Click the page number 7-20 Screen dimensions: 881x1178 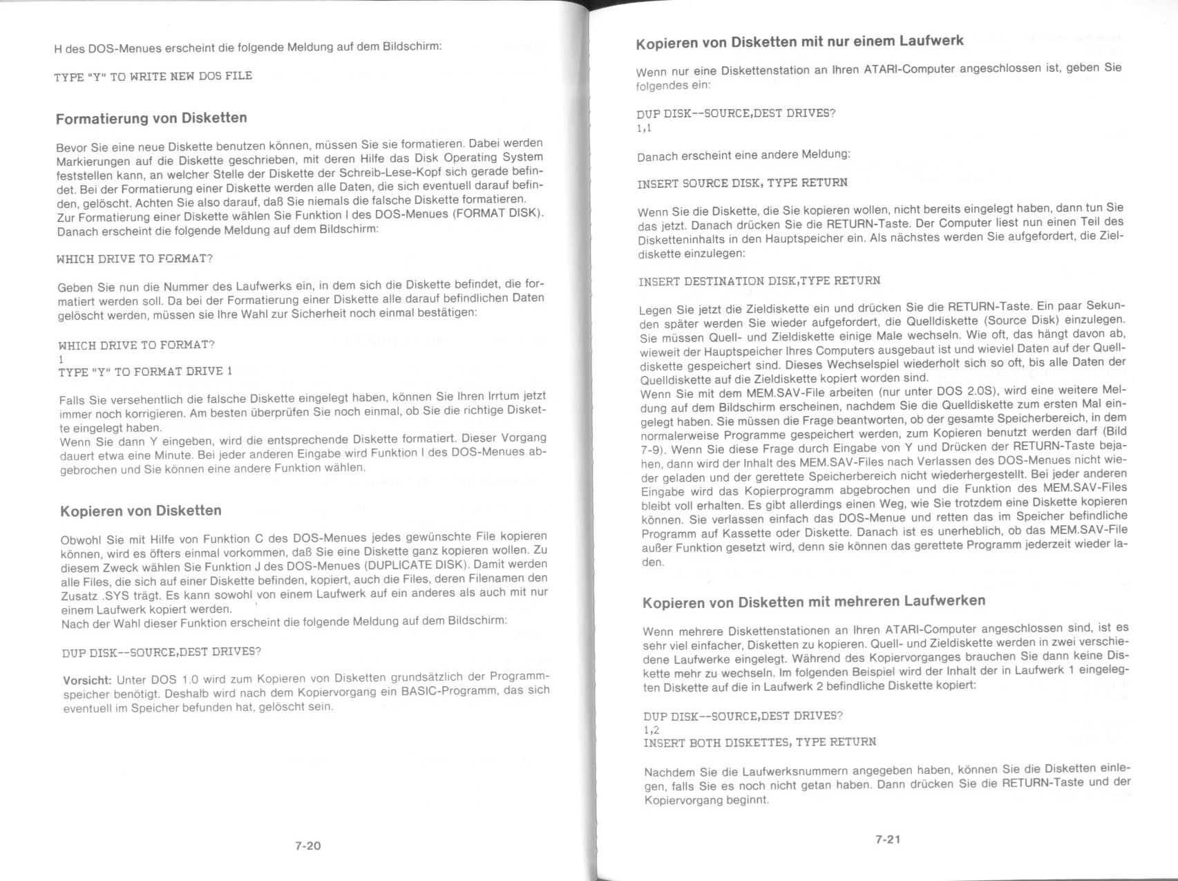point(307,845)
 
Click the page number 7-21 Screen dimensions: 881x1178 point(888,840)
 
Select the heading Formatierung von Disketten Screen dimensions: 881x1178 point(151,118)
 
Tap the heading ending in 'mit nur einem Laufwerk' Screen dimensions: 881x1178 point(799,41)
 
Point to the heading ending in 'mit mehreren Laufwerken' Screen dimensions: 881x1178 point(814,601)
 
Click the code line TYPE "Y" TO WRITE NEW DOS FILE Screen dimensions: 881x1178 point(153,76)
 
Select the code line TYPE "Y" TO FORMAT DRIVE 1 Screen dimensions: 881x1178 point(145,372)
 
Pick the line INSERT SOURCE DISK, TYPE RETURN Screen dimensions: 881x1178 point(742,183)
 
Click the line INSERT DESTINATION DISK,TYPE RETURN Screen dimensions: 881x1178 point(759,281)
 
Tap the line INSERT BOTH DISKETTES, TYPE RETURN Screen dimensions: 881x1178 point(759,742)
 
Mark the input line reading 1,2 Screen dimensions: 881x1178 point(651,730)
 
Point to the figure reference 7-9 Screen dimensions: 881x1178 point(652,448)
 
